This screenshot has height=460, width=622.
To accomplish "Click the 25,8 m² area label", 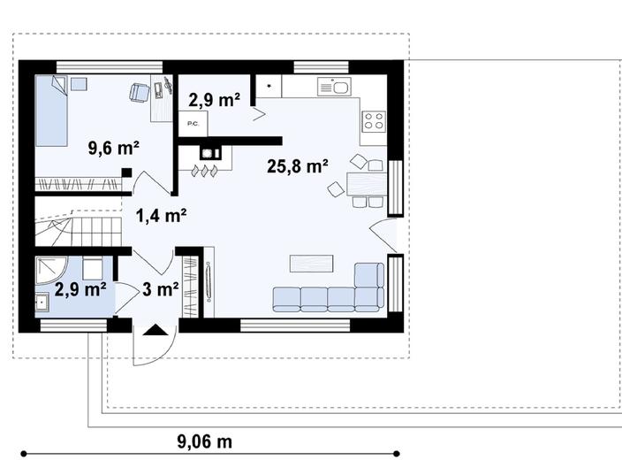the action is point(297,166).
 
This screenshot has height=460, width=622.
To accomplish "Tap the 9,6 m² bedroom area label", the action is point(113,148).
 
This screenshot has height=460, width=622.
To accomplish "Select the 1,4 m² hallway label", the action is point(161,216).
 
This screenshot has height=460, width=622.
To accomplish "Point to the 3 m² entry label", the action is point(160,289).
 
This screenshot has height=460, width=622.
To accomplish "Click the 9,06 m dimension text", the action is point(204,441).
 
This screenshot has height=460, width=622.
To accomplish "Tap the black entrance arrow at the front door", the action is point(155,330).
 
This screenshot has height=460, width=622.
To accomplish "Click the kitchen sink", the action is point(334,87).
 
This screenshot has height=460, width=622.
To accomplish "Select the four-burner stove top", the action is point(374,121).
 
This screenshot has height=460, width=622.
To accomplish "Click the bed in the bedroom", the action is point(51,111).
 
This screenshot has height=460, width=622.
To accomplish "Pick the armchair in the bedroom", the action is point(140,92).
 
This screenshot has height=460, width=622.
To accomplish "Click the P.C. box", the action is point(193,124).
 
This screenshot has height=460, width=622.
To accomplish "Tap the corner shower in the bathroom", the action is point(51,270).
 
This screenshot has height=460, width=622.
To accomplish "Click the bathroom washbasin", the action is point(42,302).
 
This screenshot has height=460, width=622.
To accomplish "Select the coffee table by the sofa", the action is point(311,264).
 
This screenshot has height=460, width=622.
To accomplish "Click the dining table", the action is point(367,184).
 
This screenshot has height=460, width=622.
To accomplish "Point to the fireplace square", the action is point(207,152).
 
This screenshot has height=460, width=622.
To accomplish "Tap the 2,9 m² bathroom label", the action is point(80,289).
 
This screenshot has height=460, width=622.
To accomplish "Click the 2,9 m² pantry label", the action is point(214,100).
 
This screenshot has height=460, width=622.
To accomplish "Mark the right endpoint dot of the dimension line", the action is point(397,454).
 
